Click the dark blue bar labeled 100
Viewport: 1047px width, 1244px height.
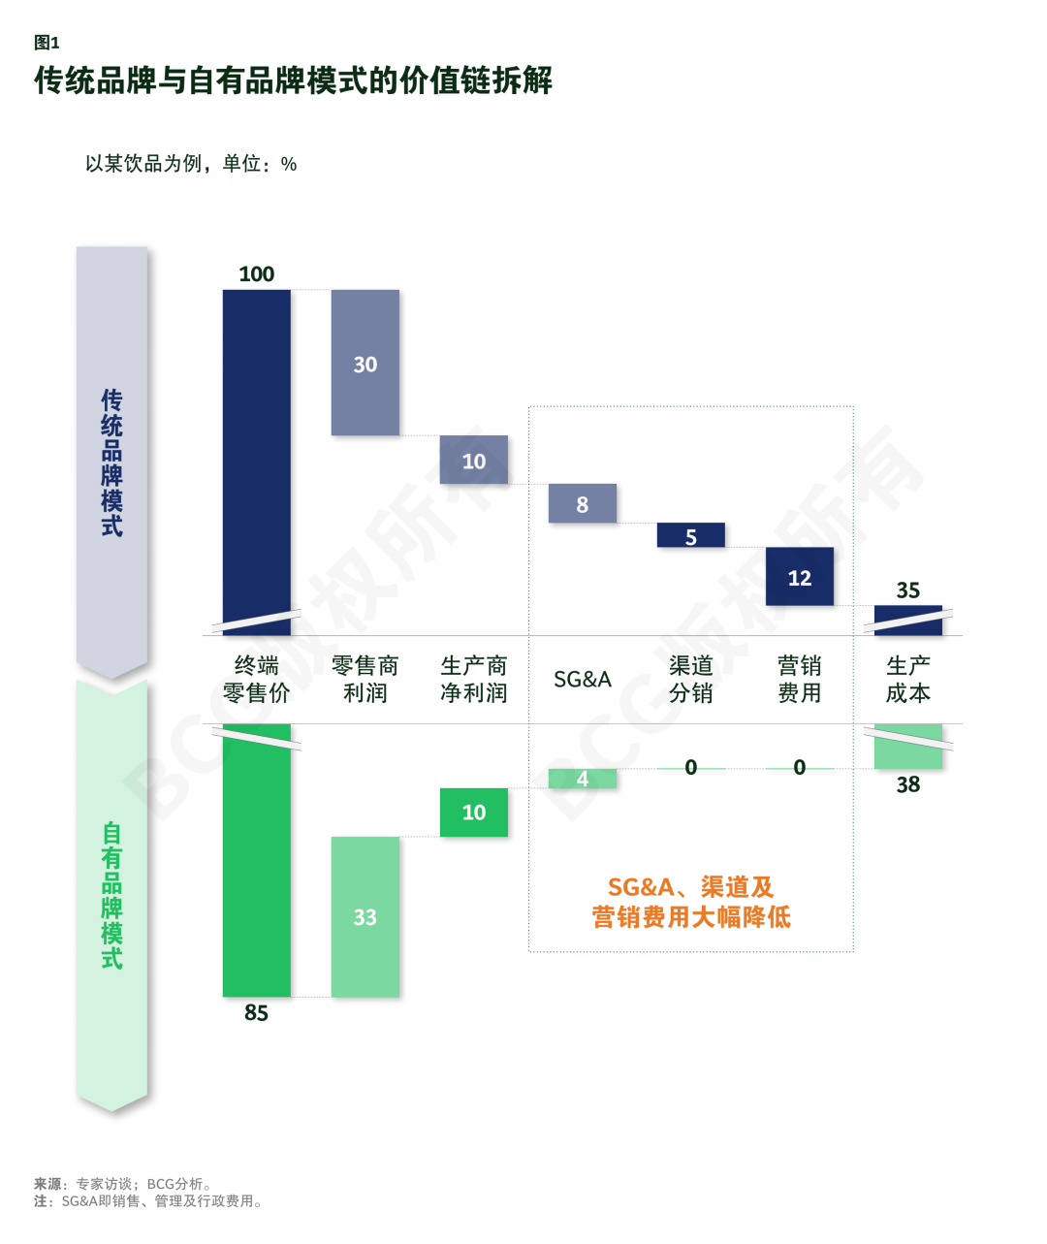tap(256, 462)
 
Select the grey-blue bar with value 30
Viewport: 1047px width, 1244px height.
tap(365, 363)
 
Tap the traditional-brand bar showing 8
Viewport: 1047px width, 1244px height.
tap(583, 503)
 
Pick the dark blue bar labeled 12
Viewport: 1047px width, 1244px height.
tap(800, 576)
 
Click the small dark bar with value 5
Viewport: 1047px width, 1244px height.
tap(691, 535)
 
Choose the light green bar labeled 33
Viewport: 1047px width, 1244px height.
tap(365, 916)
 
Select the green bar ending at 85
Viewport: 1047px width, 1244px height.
tap(256, 860)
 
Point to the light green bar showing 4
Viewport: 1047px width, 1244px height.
tap(583, 778)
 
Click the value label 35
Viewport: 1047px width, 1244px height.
tap(908, 590)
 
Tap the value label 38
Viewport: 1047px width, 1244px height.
tap(908, 784)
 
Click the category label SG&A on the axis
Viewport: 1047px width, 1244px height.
tap(583, 679)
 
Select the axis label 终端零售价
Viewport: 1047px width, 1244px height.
tap(256, 679)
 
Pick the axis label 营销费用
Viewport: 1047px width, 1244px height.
tap(800, 679)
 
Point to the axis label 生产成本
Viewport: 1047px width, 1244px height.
tap(908, 679)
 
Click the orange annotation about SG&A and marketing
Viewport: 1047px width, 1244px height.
tap(691, 902)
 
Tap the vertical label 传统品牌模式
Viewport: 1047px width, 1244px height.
tap(112, 463)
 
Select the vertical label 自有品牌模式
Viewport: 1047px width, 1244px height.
tap(112, 896)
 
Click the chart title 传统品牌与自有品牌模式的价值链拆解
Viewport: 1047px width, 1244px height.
tap(293, 80)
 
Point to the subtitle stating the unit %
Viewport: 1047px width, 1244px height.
tap(191, 163)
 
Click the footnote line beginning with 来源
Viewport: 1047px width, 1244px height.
tap(123, 1183)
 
